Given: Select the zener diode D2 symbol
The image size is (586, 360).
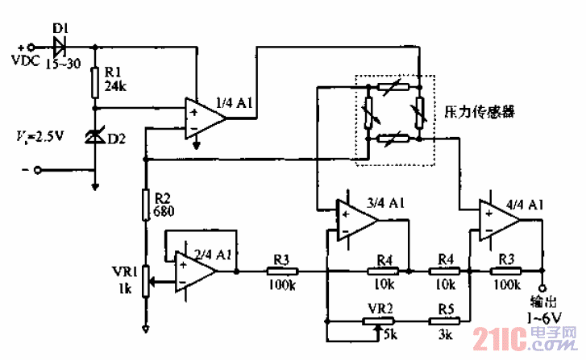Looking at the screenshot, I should [95, 138].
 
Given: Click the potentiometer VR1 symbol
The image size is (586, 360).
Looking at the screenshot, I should [146, 283].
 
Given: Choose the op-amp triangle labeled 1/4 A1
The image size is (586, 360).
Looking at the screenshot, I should [203, 118].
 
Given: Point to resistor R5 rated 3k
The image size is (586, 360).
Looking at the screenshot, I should [443, 321].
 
